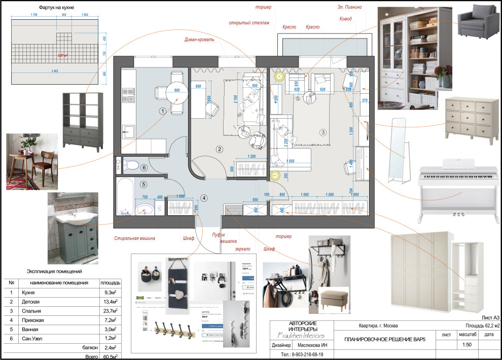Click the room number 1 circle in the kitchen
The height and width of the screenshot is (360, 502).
coord(162,111)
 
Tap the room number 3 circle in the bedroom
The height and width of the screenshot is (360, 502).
coord(323,133)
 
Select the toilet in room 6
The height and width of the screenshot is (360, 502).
coord(131,165)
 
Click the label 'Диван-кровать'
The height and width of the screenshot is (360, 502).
coord(199,39)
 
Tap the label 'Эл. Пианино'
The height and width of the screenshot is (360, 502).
coord(350,8)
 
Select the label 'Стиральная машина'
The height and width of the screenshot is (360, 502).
coord(134,238)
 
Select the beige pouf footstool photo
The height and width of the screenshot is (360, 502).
coord(334,299)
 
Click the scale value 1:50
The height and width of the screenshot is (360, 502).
coord(467,345)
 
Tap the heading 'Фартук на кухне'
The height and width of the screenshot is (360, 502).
coord(57,9)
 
